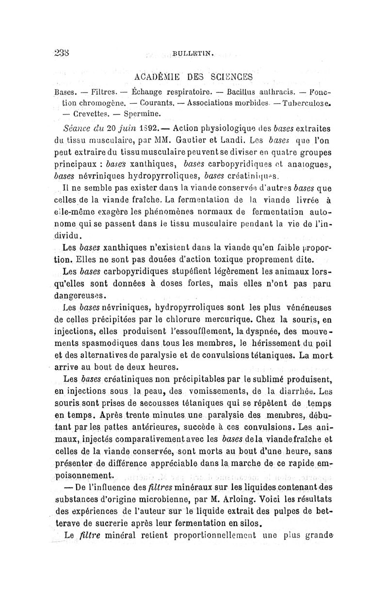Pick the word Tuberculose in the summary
click(x=326, y=103)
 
